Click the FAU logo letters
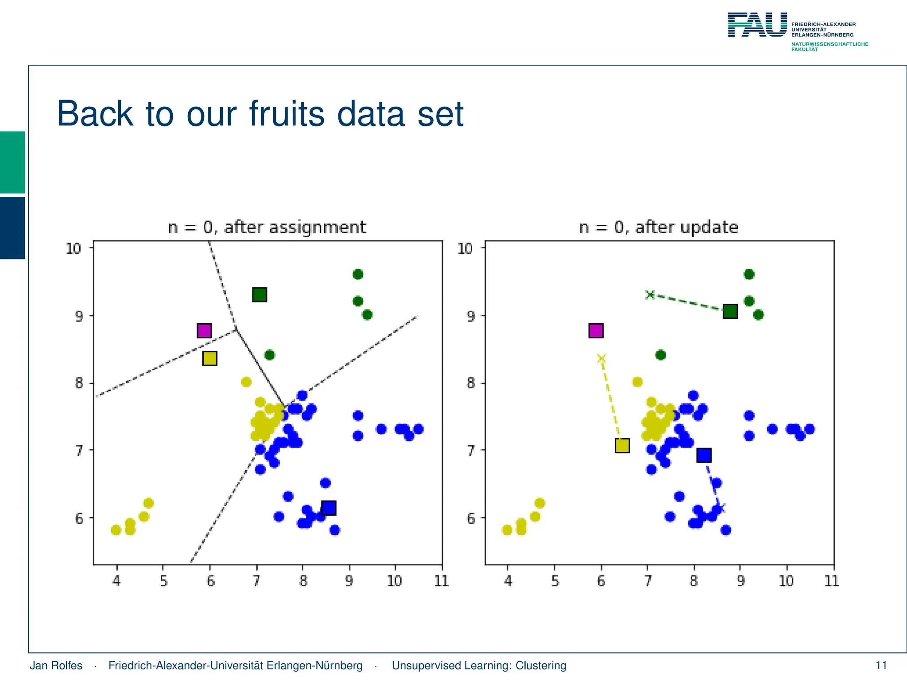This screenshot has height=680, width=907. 757,25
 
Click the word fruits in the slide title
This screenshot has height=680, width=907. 287,114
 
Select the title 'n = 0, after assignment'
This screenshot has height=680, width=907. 267,227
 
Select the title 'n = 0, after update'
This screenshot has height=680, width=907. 659,227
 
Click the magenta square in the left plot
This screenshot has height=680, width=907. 204,331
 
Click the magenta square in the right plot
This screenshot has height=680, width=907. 596,331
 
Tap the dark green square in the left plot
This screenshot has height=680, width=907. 260,294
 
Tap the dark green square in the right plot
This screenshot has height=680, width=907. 730,311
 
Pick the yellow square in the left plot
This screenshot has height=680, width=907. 209,358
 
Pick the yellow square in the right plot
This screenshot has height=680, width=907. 622,445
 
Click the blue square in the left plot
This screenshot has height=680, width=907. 329,508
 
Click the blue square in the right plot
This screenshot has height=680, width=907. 704,455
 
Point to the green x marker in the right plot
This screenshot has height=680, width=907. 650,294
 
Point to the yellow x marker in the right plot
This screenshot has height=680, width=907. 601,359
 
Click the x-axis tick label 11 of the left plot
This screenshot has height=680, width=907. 441,580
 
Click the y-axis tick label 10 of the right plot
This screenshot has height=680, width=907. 465,248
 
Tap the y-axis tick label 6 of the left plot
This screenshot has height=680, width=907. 79,518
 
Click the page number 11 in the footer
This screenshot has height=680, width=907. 881,665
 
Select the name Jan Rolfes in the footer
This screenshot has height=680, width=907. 56,665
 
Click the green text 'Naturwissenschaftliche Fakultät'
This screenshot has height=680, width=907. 829,46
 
